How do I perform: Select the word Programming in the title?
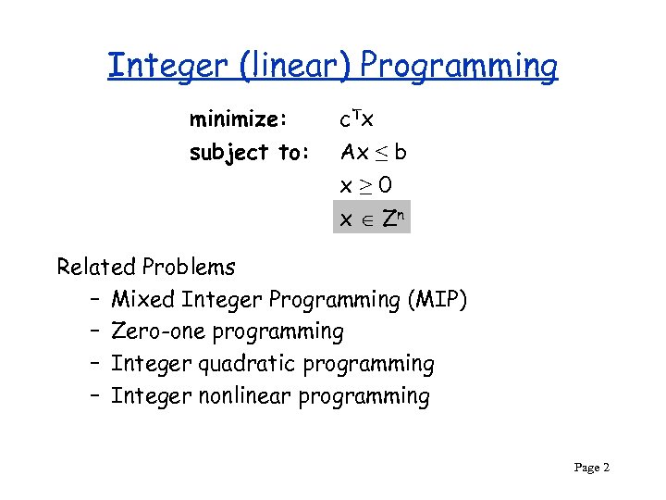point(459,67)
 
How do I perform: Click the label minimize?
point(240,119)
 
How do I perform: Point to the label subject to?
point(249,153)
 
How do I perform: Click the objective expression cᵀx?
point(356,119)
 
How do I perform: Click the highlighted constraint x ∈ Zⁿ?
point(370,219)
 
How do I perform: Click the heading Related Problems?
point(146,268)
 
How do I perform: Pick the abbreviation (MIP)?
point(437,300)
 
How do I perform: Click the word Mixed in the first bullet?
point(143,300)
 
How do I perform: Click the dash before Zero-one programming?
point(96,332)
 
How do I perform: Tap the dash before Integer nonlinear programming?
point(96,397)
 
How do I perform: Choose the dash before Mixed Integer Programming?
point(96,300)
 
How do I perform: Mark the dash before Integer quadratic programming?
point(96,365)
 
